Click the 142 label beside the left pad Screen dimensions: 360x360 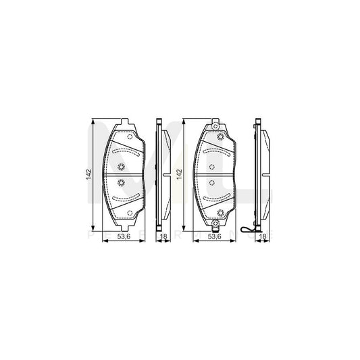[x=88, y=174]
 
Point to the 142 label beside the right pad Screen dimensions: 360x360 [x=179, y=174]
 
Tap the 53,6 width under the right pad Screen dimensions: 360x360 [x=214, y=238]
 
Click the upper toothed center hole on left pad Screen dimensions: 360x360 [x=122, y=168]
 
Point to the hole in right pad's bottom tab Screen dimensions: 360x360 [x=214, y=226]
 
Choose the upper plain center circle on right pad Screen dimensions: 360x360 [x=213, y=168]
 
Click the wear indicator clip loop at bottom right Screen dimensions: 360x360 [x=251, y=234]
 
